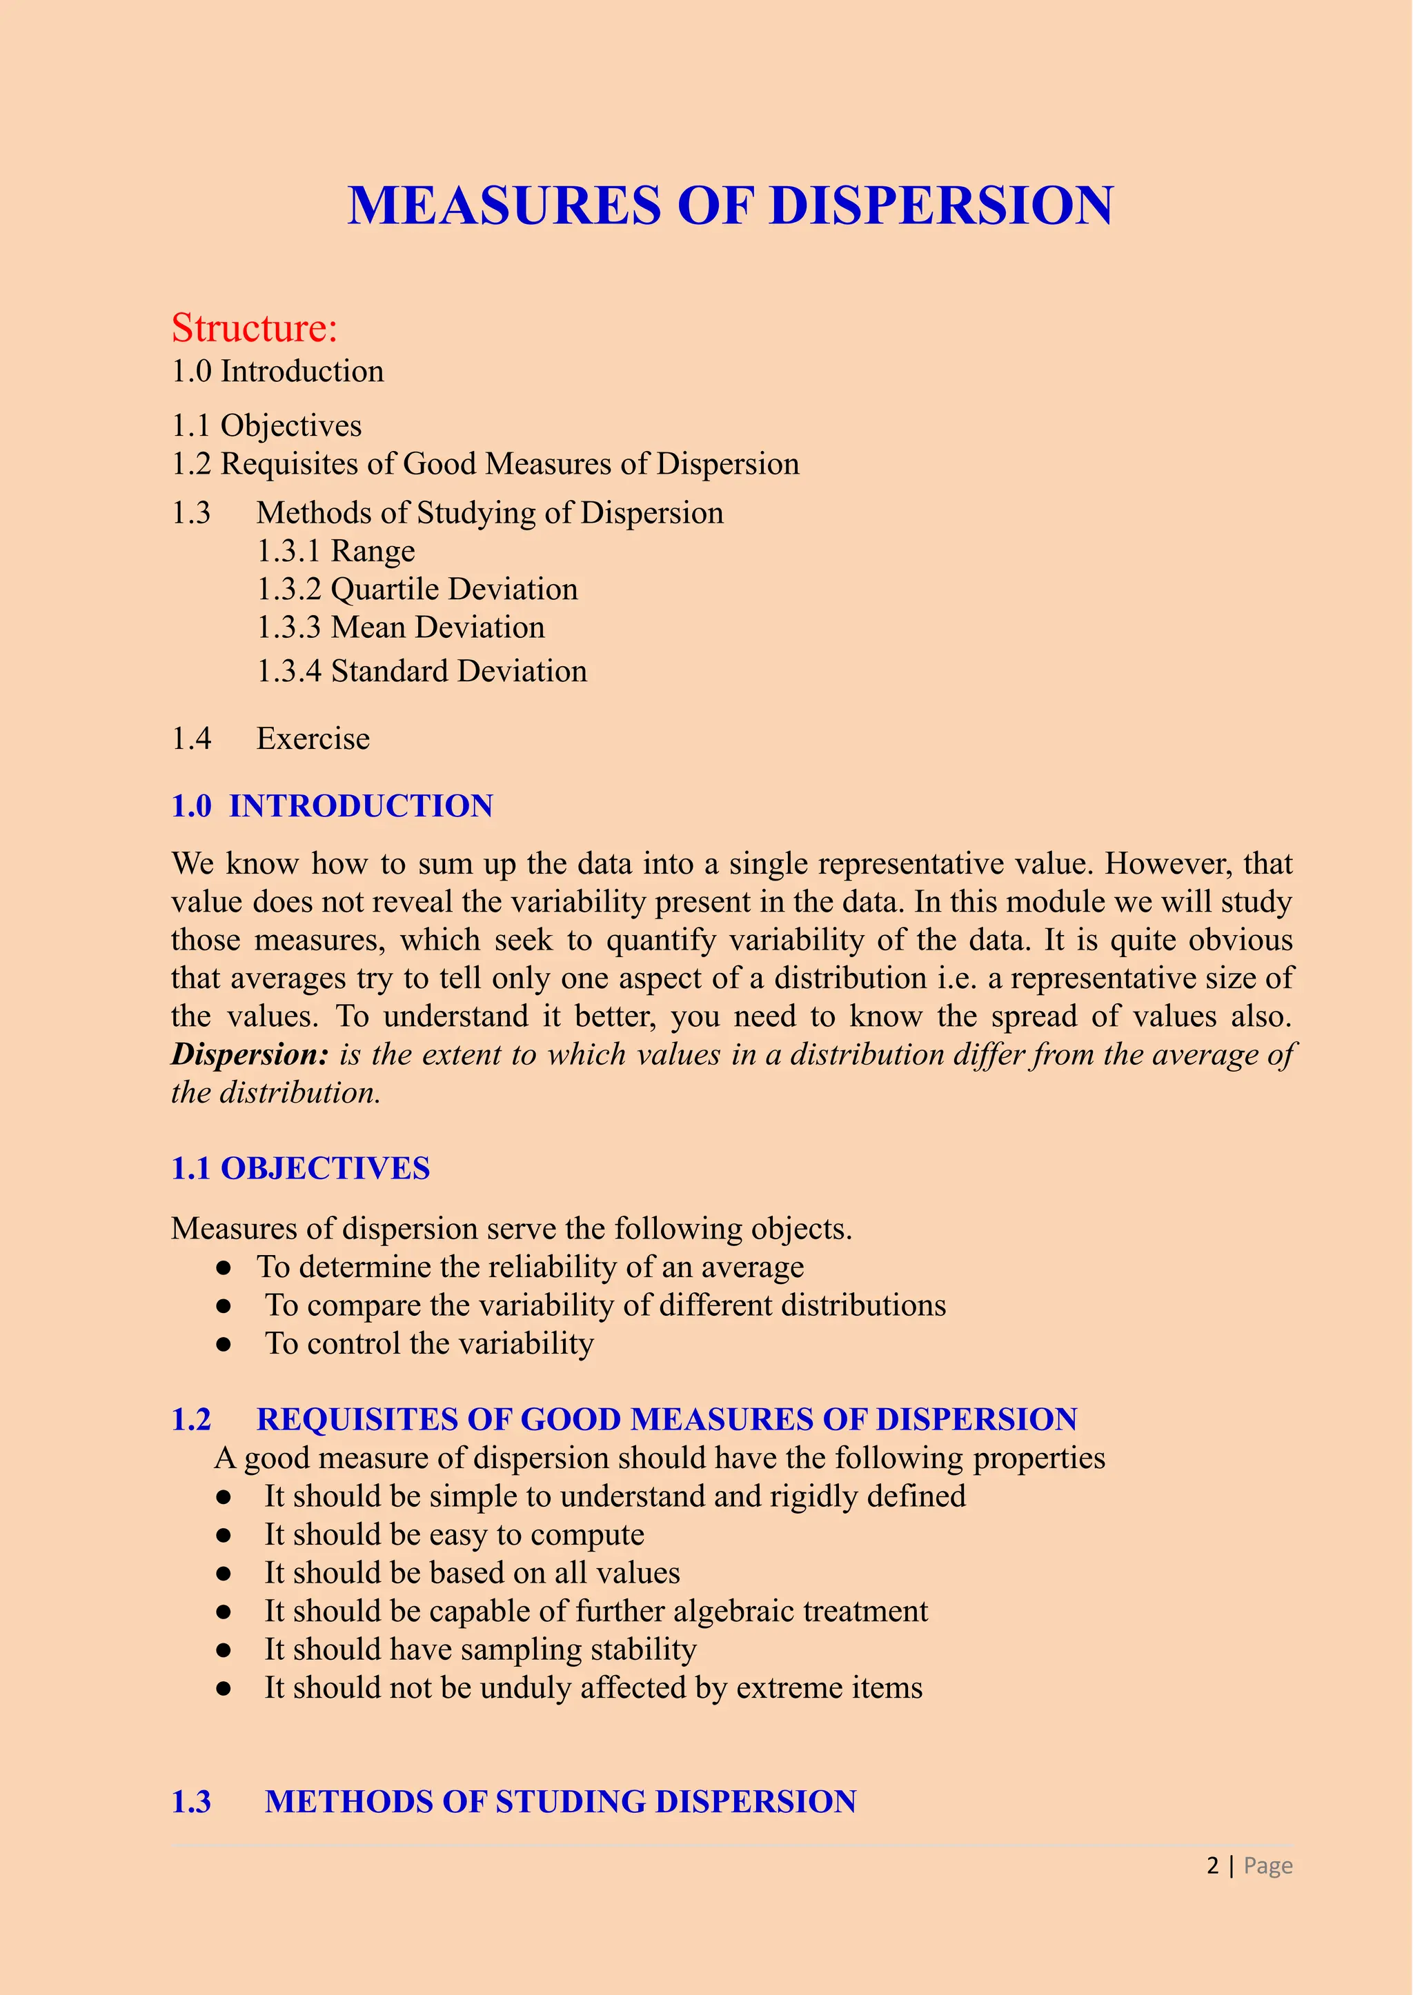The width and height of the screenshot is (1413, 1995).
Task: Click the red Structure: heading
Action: (254, 328)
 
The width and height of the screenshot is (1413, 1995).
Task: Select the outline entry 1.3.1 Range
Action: (335, 552)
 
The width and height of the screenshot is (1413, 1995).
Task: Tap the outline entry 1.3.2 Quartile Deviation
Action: (417, 590)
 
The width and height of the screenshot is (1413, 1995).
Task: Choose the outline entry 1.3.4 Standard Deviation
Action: (421, 672)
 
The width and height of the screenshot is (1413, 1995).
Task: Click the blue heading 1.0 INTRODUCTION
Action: (333, 806)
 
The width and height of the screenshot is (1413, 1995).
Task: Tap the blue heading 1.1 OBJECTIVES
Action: (300, 1169)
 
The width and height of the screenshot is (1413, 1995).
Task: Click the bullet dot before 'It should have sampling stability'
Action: (224, 1650)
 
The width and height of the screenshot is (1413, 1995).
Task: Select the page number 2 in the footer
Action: (1212, 1865)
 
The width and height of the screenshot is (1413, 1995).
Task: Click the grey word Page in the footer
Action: (1267, 1866)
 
